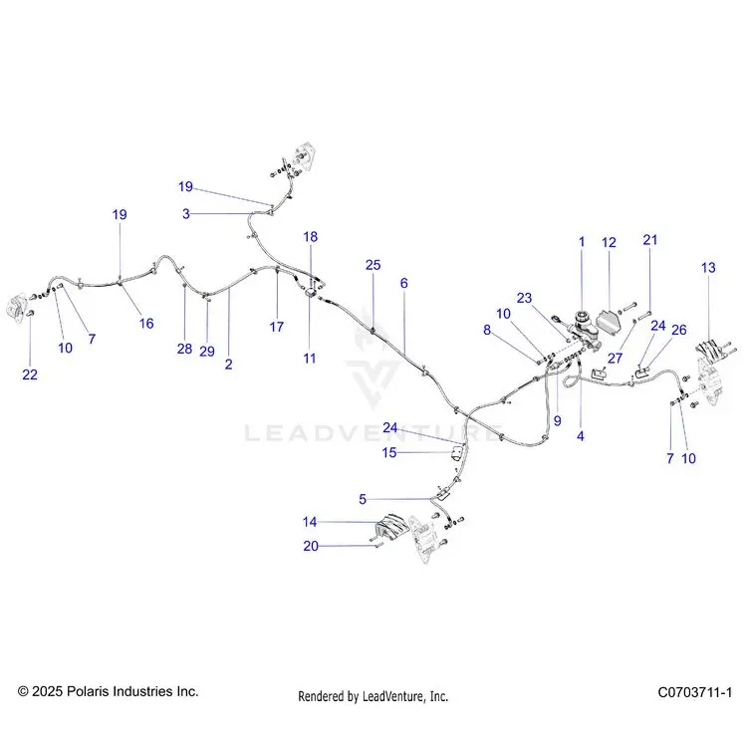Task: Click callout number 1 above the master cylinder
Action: [582, 242]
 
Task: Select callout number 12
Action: [609, 242]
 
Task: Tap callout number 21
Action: [650, 240]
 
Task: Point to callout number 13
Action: [708, 268]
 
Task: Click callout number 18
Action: [311, 237]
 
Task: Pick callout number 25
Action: [373, 265]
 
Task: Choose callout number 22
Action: [30, 374]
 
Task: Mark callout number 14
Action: [310, 522]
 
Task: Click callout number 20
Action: [311, 546]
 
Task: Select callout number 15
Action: [389, 452]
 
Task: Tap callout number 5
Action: [363, 499]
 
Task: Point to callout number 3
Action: [186, 214]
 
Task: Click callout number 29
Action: [207, 352]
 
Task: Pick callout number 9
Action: [558, 420]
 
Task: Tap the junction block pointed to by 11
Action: [310, 293]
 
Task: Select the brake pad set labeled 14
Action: [392, 525]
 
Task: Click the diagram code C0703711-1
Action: [694, 692]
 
